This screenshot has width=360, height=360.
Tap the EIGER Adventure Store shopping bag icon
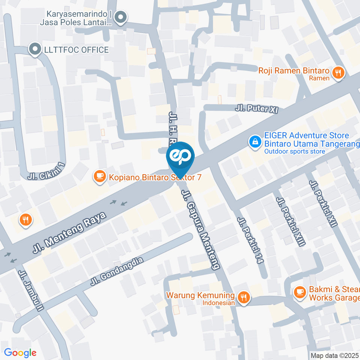[x=255, y=142]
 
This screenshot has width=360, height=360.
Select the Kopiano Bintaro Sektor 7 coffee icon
[x=99, y=176]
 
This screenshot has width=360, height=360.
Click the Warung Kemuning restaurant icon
[x=244, y=298]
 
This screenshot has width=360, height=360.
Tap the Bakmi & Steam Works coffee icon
[x=299, y=292]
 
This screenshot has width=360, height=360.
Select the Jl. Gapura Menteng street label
[x=200, y=229]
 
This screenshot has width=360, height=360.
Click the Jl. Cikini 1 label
[x=46, y=171]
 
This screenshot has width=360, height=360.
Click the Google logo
[x=20, y=353]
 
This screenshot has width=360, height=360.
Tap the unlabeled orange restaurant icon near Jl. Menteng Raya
[x=25, y=220]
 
